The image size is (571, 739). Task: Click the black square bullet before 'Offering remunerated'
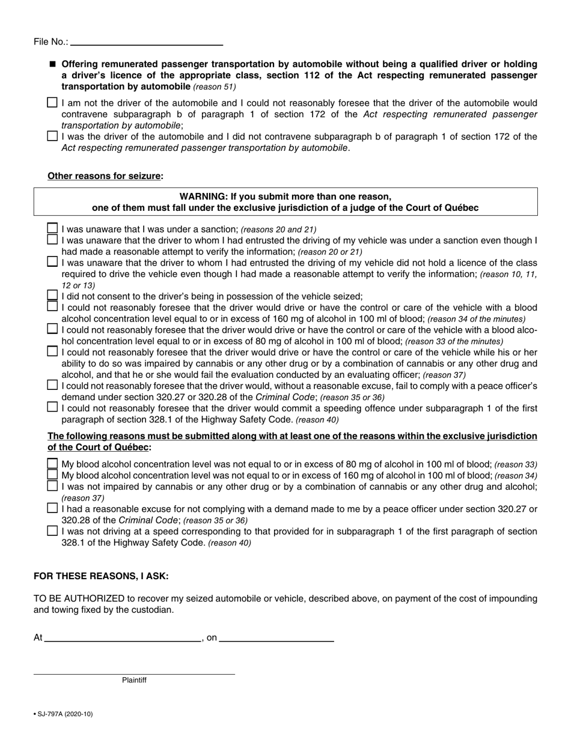(x=52, y=64)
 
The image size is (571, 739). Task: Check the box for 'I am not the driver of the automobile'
(x=52, y=103)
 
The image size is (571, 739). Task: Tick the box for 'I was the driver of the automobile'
(x=52, y=136)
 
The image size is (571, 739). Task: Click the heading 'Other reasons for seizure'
(x=105, y=176)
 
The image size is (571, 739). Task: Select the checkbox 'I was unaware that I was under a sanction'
(x=52, y=228)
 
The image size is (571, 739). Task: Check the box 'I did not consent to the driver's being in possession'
(x=52, y=296)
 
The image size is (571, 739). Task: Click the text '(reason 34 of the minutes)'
(x=476, y=319)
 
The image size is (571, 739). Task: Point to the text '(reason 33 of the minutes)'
(x=454, y=341)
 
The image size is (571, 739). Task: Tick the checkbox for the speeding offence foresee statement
(x=52, y=407)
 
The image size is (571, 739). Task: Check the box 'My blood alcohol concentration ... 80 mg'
(x=52, y=464)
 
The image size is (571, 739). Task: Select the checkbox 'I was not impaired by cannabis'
(x=52, y=485)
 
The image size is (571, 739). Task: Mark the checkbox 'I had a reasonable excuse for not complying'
(x=52, y=508)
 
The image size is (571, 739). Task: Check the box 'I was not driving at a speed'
(x=52, y=531)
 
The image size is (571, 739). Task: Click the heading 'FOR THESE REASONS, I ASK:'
(x=101, y=576)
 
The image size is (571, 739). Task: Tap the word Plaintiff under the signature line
(x=134, y=681)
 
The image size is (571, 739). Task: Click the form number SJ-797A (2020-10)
(x=64, y=714)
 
